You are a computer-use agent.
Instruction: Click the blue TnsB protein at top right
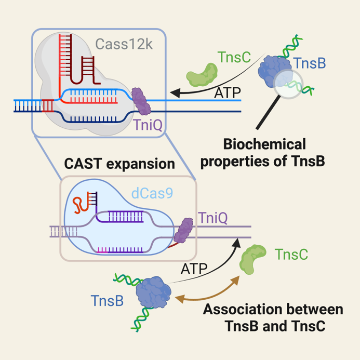[275, 66]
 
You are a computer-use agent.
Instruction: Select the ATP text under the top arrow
[228, 94]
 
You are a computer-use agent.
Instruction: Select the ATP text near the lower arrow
[194, 268]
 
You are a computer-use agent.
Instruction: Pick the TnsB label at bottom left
[107, 301]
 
